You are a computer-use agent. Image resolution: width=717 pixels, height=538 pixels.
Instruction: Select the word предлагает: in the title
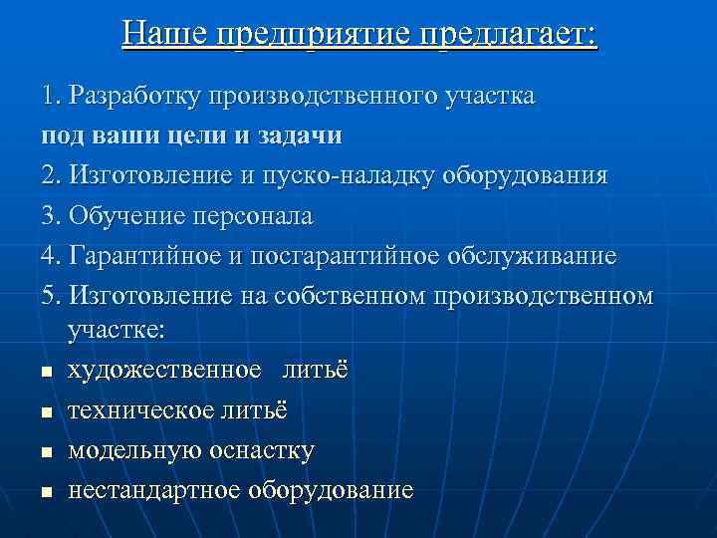click(508, 35)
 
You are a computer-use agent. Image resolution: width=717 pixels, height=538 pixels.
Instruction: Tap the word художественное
click(164, 370)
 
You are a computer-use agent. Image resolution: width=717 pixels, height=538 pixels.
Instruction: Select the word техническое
click(138, 410)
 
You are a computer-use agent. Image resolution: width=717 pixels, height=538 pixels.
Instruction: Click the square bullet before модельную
click(46, 452)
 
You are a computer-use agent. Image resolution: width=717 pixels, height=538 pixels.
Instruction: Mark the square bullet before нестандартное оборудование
click(46, 492)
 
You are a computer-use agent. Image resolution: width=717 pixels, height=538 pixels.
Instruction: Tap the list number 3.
click(51, 215)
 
